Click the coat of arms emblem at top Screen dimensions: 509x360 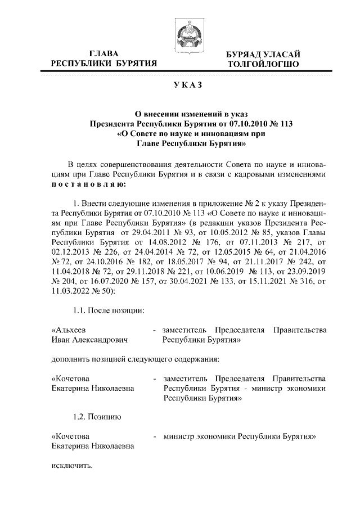click(180, 35)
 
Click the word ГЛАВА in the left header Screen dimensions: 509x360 click(103, 54)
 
